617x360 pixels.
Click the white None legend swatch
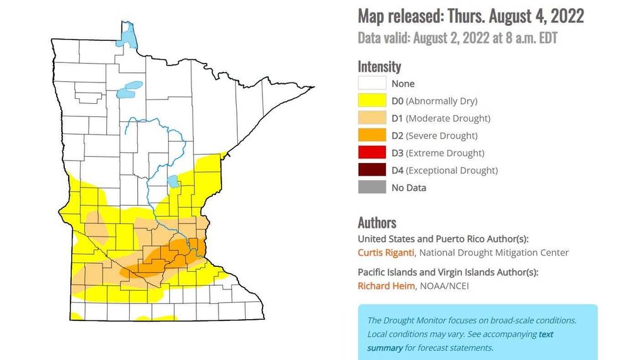pyautogui.click(x=372, y=83)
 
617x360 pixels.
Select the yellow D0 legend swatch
pyautogui.click(x=372, y=101)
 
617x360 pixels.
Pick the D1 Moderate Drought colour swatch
pyautogui.click(x=372, y=118)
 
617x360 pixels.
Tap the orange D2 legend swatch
pyautogui.click(x=372, y=135)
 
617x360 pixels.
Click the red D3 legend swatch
pyautogui.click(x=372, y=153)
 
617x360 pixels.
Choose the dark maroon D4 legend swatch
pyautogui.click(x=372, y=170)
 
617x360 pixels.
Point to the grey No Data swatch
pyautogui.click(x=372, y=188)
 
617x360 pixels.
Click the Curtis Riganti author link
pyautogui.click(x=386, y=252)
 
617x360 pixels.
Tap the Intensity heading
pyautogui.click(x=379, y=66)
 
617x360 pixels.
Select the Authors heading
pyautogui.click(x=376, y=222)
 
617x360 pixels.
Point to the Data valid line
pyautogui.click(x=457, y=38)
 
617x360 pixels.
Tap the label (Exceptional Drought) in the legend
pyautogui.click(x=452, y=170)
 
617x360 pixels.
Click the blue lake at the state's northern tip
pyautogui.click(x=128, y=37)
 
